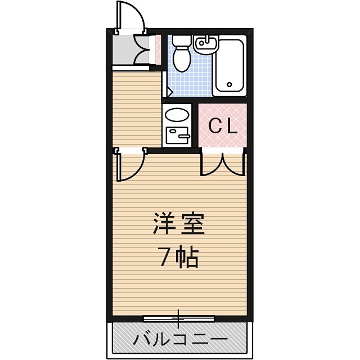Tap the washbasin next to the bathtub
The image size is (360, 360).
[206, 43]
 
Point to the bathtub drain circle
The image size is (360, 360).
[229, 85]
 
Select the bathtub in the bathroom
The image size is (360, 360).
[229, 66]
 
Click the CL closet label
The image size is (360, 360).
[223, 126]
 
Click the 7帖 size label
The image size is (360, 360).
[178, 257]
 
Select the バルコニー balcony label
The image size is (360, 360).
[180, 339]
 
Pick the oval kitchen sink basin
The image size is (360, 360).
[177, 116]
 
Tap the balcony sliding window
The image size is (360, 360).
[179, 319]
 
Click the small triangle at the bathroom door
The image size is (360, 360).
[168, 91]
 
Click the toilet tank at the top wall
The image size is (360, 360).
[181, 40]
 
